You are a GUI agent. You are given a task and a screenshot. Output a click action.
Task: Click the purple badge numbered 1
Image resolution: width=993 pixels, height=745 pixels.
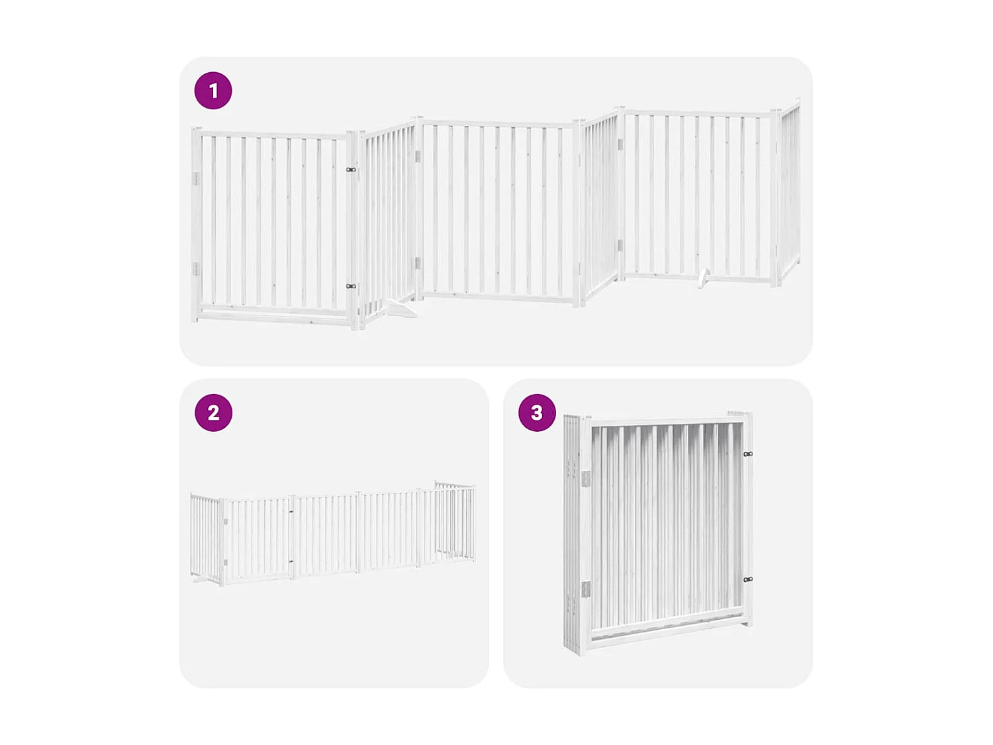pos(213,91)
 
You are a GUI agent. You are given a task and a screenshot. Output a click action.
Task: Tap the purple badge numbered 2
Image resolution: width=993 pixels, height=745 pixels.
pos(213,413)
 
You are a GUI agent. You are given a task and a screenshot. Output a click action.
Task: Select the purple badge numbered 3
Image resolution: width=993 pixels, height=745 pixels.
pos(537,413)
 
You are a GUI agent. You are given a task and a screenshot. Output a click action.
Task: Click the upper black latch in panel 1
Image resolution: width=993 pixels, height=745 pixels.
pos(351,170)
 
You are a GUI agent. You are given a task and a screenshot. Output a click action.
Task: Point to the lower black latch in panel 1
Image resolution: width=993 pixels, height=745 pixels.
pos(351,286)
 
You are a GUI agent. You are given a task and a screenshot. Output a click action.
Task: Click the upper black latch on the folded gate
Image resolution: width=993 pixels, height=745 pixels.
pos(747,454)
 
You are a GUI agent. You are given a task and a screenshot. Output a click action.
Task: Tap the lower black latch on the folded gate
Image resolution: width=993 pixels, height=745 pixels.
pos(747,579)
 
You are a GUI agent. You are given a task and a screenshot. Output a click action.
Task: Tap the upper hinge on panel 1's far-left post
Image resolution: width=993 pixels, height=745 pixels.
pos(196,179)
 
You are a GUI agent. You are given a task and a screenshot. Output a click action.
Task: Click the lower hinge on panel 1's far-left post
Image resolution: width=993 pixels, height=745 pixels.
pos(196,268)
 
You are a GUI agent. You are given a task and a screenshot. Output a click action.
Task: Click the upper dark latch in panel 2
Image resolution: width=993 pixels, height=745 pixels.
pos(291,511)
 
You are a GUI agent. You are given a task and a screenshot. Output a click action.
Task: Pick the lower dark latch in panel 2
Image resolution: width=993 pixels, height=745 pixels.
pos(291,562)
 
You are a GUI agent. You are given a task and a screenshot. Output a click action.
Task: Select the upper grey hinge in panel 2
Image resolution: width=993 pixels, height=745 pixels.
pos(226,522)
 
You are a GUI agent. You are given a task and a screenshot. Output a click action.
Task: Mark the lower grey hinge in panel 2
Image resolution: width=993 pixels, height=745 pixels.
pos(226,562)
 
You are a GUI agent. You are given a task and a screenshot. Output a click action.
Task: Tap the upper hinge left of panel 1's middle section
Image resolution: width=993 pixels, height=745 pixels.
pos(418,156)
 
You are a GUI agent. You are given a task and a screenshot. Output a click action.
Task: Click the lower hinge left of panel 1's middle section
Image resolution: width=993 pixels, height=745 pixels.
pos(418,263)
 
